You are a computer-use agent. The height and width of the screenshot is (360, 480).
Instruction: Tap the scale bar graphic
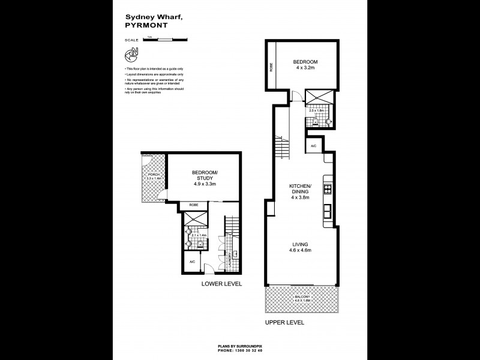click(x=166, y=40)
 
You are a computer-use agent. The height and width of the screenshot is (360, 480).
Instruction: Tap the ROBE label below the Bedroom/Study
click(x=194, y=205)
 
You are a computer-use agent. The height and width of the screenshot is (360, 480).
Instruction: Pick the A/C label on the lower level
click(x=192, y=262)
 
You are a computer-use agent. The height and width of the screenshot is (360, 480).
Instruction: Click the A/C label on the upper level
click(x=314, y=146)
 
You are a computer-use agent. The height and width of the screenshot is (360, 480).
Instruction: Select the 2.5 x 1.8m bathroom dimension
click(x=316, y=110)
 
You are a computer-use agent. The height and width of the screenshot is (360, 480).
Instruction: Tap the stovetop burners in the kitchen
click(x=328, y=190)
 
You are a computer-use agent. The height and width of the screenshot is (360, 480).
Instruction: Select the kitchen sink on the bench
click(x=328, y=211)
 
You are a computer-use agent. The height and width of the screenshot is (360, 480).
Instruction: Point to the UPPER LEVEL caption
click(x=284, y=322)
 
